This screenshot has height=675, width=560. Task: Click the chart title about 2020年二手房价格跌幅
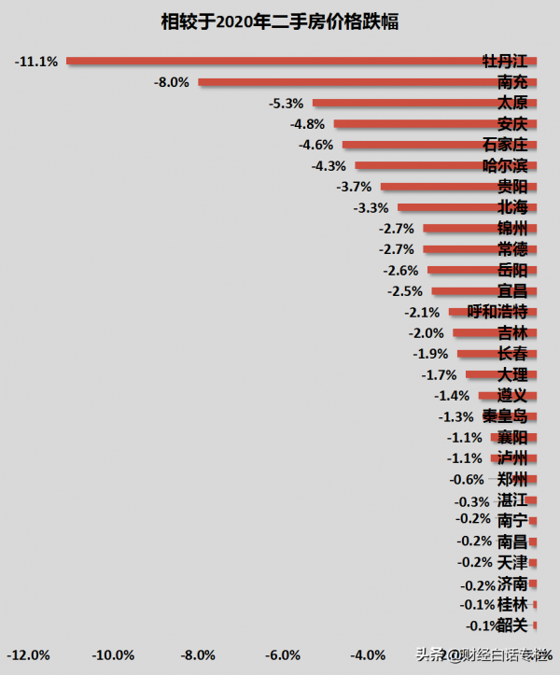280,21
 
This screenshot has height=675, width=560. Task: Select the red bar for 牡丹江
280,61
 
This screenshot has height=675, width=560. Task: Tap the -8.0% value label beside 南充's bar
173,82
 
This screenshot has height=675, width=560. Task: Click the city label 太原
512,103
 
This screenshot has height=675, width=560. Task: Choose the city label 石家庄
505,145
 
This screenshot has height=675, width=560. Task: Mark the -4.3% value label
329,165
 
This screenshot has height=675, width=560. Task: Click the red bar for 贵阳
439,186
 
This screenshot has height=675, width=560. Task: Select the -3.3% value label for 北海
371,207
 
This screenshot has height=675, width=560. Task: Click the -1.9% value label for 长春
430,354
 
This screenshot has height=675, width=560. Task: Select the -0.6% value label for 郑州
467,480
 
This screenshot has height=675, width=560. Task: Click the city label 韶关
512,626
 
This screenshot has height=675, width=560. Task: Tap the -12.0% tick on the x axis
30,654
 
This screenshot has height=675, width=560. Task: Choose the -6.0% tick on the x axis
284,654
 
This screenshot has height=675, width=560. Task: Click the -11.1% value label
37,62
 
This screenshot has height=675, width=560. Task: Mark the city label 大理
512,374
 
